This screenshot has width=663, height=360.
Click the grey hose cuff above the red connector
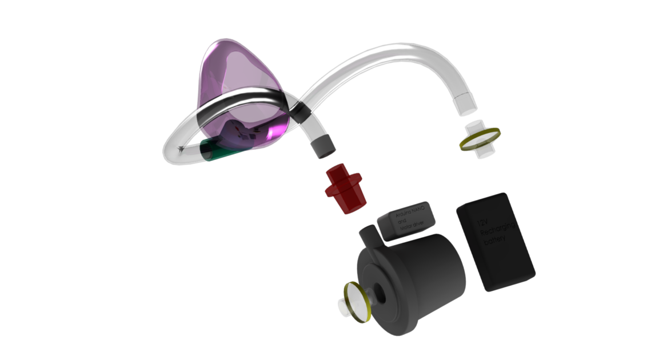tap(321, 147)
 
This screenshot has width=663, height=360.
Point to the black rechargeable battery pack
tap(495, 242)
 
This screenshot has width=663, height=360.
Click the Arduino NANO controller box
tap(408, 220)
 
